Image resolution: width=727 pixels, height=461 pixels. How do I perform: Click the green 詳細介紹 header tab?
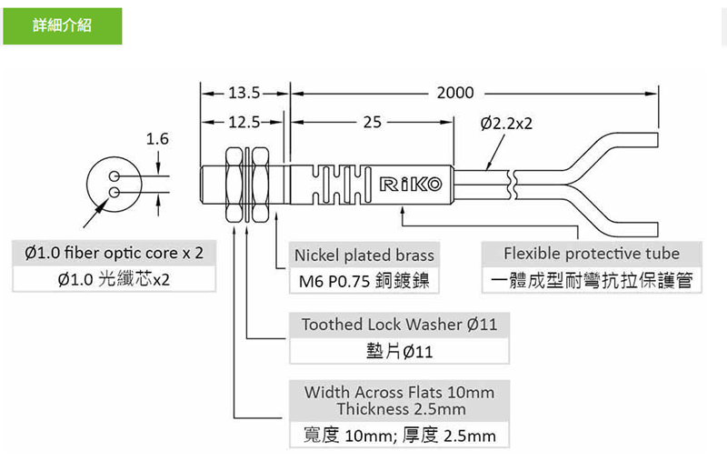pos(63,26)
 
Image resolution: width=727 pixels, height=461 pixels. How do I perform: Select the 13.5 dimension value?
pos(244,94)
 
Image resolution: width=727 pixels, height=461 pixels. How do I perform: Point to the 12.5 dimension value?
pos(244,123)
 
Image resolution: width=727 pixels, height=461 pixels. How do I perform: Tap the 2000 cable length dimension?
pos(455,94)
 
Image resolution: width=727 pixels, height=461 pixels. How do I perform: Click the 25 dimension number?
pos(373,123)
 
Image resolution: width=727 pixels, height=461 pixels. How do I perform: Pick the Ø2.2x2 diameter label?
pos(506,124)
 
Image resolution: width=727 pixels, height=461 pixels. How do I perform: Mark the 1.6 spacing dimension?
pos(157,139)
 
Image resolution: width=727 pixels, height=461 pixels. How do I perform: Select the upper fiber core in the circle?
pos(115,176)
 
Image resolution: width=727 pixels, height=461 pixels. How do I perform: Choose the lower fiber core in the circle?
pos(115,192)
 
